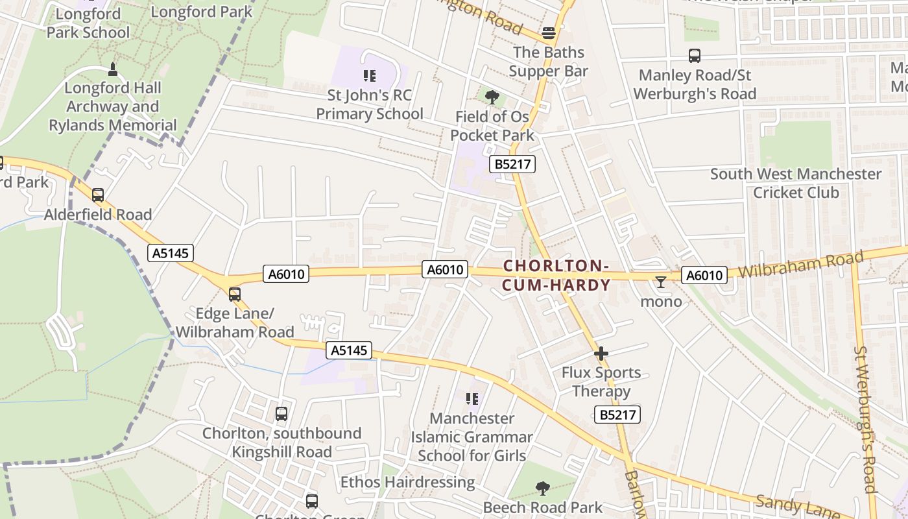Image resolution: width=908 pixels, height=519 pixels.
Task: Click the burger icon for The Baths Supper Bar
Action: pyautogui.click(x=549, y=33)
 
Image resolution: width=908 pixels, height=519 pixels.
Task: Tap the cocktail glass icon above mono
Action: pyautogui.click(x=661, y=282)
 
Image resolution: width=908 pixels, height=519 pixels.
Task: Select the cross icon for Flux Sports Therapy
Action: pyautogui.click(x=601, y=354)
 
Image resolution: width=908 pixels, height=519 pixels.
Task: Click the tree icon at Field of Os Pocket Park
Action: pyautogui.click(x=492, y=97)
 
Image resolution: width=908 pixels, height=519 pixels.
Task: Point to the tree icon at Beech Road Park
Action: pyautogui.click(x=543, y=489)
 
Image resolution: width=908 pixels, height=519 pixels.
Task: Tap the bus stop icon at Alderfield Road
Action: pyautogui.click(x=98, y=195)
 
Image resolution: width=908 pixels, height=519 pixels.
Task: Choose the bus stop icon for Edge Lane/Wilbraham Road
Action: pyautogui.click(x=235, y=295)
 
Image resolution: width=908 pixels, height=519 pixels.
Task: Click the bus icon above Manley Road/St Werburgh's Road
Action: pyautogui.click(x=695, y=56)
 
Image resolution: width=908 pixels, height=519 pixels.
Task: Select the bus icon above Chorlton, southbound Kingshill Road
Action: pyautogui.click(x=281, y=414)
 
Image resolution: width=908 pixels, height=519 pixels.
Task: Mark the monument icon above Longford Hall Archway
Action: pyautogui.click(x=113, y=69)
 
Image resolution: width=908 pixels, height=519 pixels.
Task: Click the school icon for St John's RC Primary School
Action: pyautogui.click(x=370, y=77)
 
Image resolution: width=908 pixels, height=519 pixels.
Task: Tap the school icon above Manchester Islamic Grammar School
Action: pyautogui.click(x=472, y=399)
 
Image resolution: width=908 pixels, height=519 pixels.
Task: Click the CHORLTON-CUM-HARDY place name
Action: pyautogui.click(x=556, y=276)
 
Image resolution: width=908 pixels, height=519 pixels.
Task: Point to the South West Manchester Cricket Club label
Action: pyautogui.click(x=796, y=183)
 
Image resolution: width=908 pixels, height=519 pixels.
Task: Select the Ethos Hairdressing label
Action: pyautogui.click(x=408, y=482)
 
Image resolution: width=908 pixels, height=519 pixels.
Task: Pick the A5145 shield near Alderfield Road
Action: pyautogui.click(x=171, y=253)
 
